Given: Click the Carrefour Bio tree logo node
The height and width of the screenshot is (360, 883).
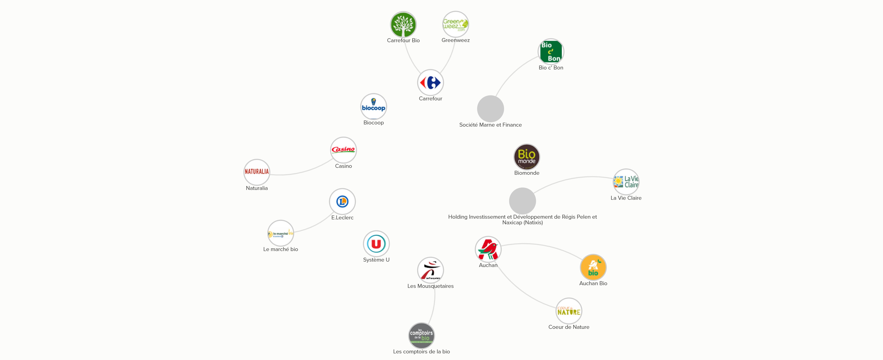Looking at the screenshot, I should pos(403,25).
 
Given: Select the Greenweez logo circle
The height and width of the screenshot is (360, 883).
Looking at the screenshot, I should pos(455,24).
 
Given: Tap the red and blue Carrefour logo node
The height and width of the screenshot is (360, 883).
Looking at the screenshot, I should pos(430,83).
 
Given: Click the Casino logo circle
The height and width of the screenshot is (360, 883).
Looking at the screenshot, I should pos(343,150).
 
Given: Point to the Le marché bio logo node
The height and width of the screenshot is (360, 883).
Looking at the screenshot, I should pos(280,233).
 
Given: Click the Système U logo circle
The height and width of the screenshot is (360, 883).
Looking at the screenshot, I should pos(376,244).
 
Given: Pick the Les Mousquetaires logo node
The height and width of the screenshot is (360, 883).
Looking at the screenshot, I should pos(430,270).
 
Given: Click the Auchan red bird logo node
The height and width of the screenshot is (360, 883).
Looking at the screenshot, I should pos(488,249).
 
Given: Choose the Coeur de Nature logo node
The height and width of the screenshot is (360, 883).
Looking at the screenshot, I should pos(569,311).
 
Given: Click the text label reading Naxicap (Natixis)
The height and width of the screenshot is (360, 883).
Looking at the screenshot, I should pos(522,223).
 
